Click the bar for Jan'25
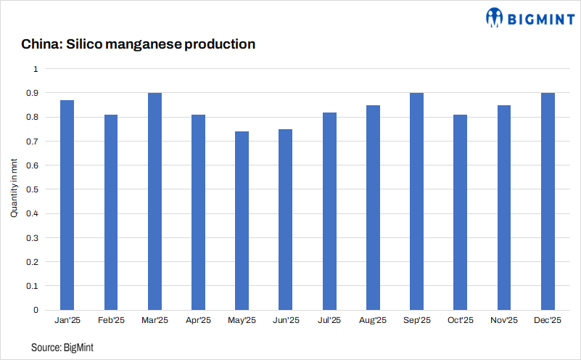pyautogui.click(x=67, y=205)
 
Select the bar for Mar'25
pyautogui.click(x=154, y=201)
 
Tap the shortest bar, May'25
pyautogui.click(x=242, y=221)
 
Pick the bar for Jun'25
pyautogui.click(x=286, y=219)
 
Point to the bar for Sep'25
pyautogui.click(x=416, y=201)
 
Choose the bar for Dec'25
pyautogui.click(x=548, y=201)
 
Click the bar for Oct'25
pyautogui.click(x=460, y=212)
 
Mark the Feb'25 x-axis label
pyautogui.click(x=111, y=320)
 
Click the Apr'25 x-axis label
pyautogui.click(x=198, y=320)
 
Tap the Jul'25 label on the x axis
pyautogui.click(x=329, y=320)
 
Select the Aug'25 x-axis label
pyautogui.click(x=373, y=320)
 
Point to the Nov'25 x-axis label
pyautogui.click(x=504, y=320)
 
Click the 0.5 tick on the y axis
pyautogui.click(x=33, y=189)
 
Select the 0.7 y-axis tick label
pyautogui.click(x=33, y=142)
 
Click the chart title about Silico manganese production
pyautogui.click(x=138, y=44)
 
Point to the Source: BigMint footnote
pyautogui.click(x=62, y=348)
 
